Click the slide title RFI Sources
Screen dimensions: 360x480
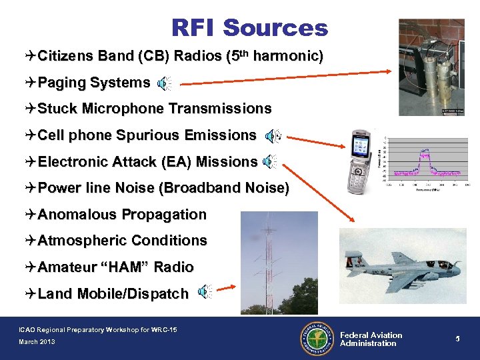[249, 28]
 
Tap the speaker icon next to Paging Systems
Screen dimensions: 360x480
[164, 83]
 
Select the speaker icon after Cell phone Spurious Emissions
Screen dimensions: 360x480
[273, 137]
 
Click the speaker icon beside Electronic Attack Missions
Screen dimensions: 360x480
[271, 162]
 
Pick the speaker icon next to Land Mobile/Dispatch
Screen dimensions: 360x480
[205, 291]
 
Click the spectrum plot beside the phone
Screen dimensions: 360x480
[426, 160]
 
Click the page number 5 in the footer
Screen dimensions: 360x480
[459, 339]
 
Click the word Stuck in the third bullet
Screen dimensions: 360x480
[55, 109]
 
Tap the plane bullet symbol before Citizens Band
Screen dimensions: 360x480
[31, 56]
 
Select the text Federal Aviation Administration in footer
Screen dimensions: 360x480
[371, 339]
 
